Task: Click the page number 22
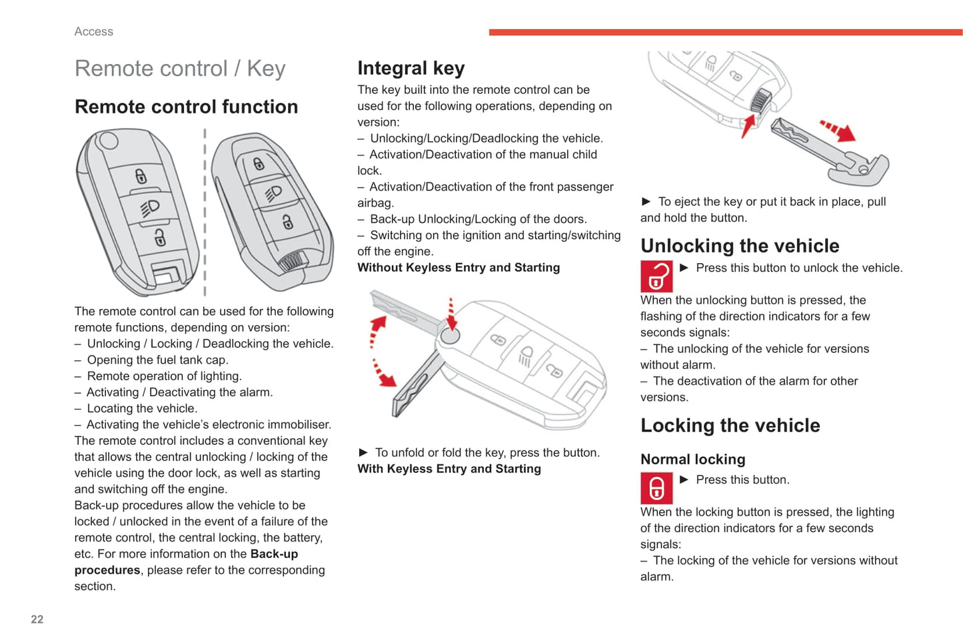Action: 37,619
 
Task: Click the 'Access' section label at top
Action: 94,31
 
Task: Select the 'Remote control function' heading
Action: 186,107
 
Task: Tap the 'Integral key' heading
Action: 411,68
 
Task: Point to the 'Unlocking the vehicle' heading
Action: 739,246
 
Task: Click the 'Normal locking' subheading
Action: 692,459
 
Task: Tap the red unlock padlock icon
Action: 656,276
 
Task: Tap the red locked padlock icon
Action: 656,488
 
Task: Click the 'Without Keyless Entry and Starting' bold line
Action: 459,268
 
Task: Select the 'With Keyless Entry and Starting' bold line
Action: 449,469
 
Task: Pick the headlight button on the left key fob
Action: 150,207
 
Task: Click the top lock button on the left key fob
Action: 141,176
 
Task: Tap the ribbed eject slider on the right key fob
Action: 293,261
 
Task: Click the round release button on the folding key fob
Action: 451,335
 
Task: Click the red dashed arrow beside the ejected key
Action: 839,131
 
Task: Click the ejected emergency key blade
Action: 826,150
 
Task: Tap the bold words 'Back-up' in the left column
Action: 274,554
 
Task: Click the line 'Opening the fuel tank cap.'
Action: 157,360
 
